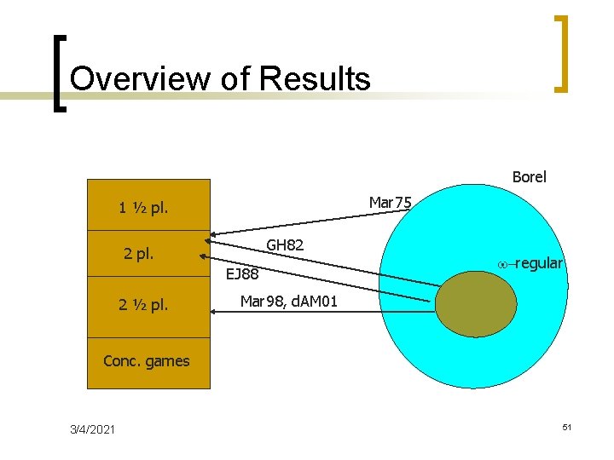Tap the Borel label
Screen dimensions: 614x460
tap(529, 177)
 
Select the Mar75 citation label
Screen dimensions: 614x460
tap(390, 203)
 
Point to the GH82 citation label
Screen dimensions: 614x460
tap(286, 245)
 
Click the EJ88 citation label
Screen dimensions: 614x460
tap(241, 274)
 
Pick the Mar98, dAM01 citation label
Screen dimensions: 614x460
tap(288, 302)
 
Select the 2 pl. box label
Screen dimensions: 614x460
tap(139, 253)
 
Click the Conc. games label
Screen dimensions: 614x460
tap(146, 360)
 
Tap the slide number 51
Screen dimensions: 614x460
tap(565, 426)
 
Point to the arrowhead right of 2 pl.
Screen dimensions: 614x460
tap(206, 255)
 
